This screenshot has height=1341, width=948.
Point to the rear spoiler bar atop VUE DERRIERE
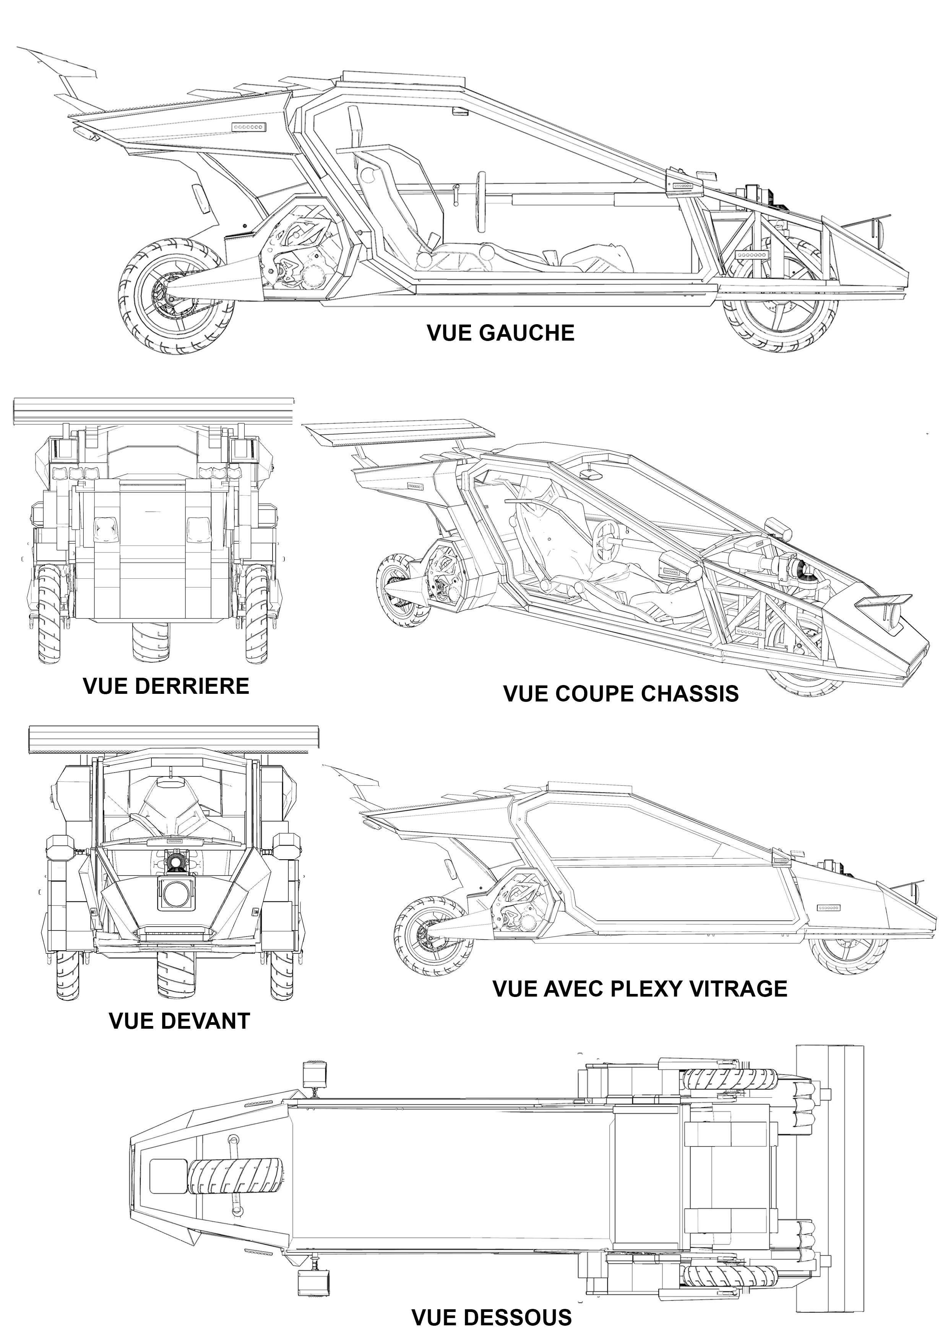(153, 413)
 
